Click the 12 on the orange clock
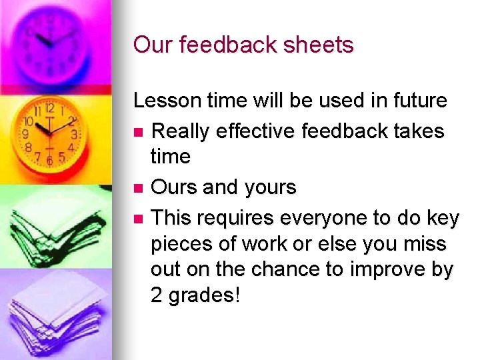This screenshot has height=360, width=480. (x=49, y=108)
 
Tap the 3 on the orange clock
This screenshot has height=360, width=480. (x=74, y=135)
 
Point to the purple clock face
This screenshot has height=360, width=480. (x=53, y=40)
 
